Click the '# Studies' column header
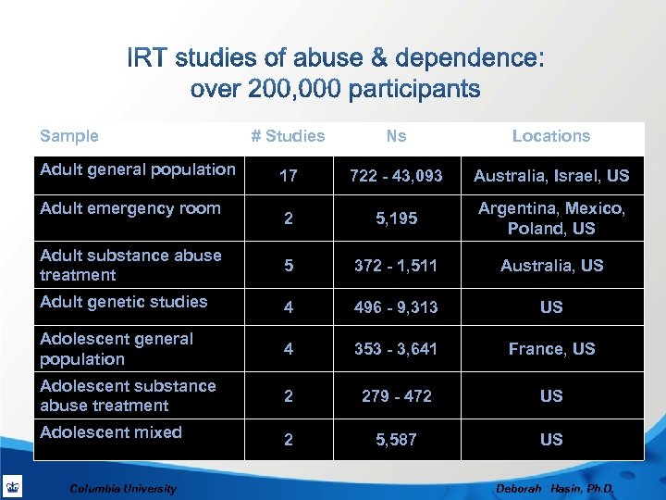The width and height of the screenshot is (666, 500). [288, 136]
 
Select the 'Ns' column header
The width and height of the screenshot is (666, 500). [396, 136]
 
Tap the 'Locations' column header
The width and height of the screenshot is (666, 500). [551, 136]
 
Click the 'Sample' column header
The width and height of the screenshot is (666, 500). [69, 136]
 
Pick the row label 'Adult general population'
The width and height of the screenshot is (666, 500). [138, 169]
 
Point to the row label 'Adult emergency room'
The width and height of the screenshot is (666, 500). [130, 208]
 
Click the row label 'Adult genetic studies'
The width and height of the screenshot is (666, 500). [124, 301]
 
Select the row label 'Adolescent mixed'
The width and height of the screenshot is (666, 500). [111, 432]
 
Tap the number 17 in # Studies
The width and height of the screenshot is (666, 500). [289, 176]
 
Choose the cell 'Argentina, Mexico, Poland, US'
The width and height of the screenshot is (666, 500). [551, 219]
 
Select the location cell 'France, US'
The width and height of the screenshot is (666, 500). [551, 349]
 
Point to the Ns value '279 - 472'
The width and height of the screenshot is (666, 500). [397, 396]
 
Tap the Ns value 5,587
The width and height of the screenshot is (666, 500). [397, 440]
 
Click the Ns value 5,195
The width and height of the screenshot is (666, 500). [397, 219]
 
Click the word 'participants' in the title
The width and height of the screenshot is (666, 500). [408, 90]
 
